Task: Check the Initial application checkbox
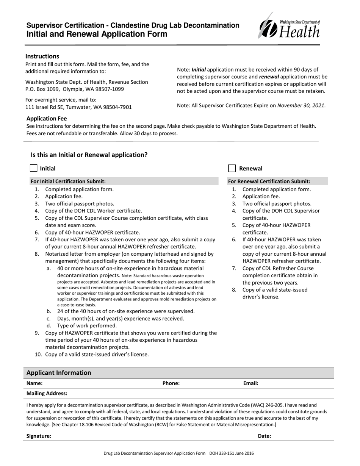(33, 168)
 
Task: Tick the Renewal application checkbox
(232, 168)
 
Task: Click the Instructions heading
(42, 56)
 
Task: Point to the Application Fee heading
(47, 119)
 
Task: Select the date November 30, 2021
(301, 106)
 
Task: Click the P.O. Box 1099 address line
(75, 89)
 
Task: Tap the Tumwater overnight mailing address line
(78, 107)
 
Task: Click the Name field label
(34, 383)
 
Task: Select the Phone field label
(171, 383)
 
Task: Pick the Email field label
(250, 383)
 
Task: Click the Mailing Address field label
(47, 393)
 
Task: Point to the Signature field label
(39, 436)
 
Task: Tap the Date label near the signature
(264, 436)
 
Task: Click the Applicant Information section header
(59, 372)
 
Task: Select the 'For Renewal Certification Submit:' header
(269, 181)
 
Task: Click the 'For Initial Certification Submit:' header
(68, 181)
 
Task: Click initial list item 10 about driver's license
(97, 355)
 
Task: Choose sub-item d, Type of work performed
(87, 325)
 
